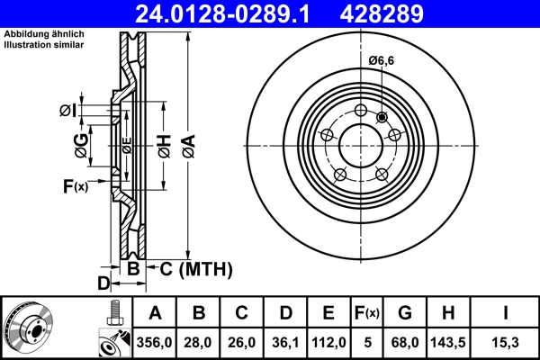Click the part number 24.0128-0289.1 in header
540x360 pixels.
click(x=232, y=13)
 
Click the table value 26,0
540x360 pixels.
click(x=242, y=342)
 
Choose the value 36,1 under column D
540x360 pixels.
click(x=285, y=342)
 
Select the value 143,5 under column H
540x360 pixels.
click(x=450, y=342)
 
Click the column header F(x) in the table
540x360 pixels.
click(x=368, y=313)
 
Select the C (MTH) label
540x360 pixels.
click(x=190, y=269)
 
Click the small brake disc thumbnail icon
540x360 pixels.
click(x=27, y=327)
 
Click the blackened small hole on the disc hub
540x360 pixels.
click(x=382, y=116)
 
